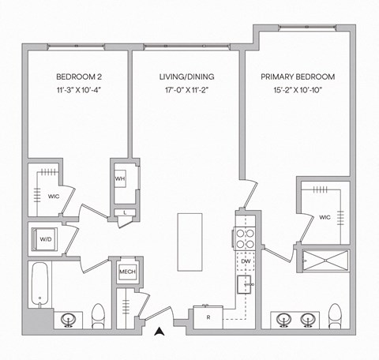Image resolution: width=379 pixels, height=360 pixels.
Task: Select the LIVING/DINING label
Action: click(x=186, y=77)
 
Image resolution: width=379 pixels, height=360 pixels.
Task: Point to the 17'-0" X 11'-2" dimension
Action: click(x=186, y=92)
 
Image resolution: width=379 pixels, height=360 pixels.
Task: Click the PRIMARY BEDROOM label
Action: click(x=298, y=77)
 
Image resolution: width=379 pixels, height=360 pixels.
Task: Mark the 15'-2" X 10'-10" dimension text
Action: click(x=298, y=92)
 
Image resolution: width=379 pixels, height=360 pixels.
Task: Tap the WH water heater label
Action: click(x=120, y=178)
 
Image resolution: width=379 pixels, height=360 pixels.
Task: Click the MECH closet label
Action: click(x=126, y=272)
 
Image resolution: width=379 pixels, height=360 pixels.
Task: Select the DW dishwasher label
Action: click(x=246, y=261)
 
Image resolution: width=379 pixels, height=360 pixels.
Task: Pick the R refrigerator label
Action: click(x=208, y=317)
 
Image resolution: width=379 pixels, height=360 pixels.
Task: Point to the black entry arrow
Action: click(x=160, y=333)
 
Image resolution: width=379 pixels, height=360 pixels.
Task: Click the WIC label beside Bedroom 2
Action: click(x=54, y=196)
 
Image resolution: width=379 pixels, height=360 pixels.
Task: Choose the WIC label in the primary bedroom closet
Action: click(x=325, y=216)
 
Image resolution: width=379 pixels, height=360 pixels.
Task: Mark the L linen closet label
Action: click(x=125, y=213)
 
